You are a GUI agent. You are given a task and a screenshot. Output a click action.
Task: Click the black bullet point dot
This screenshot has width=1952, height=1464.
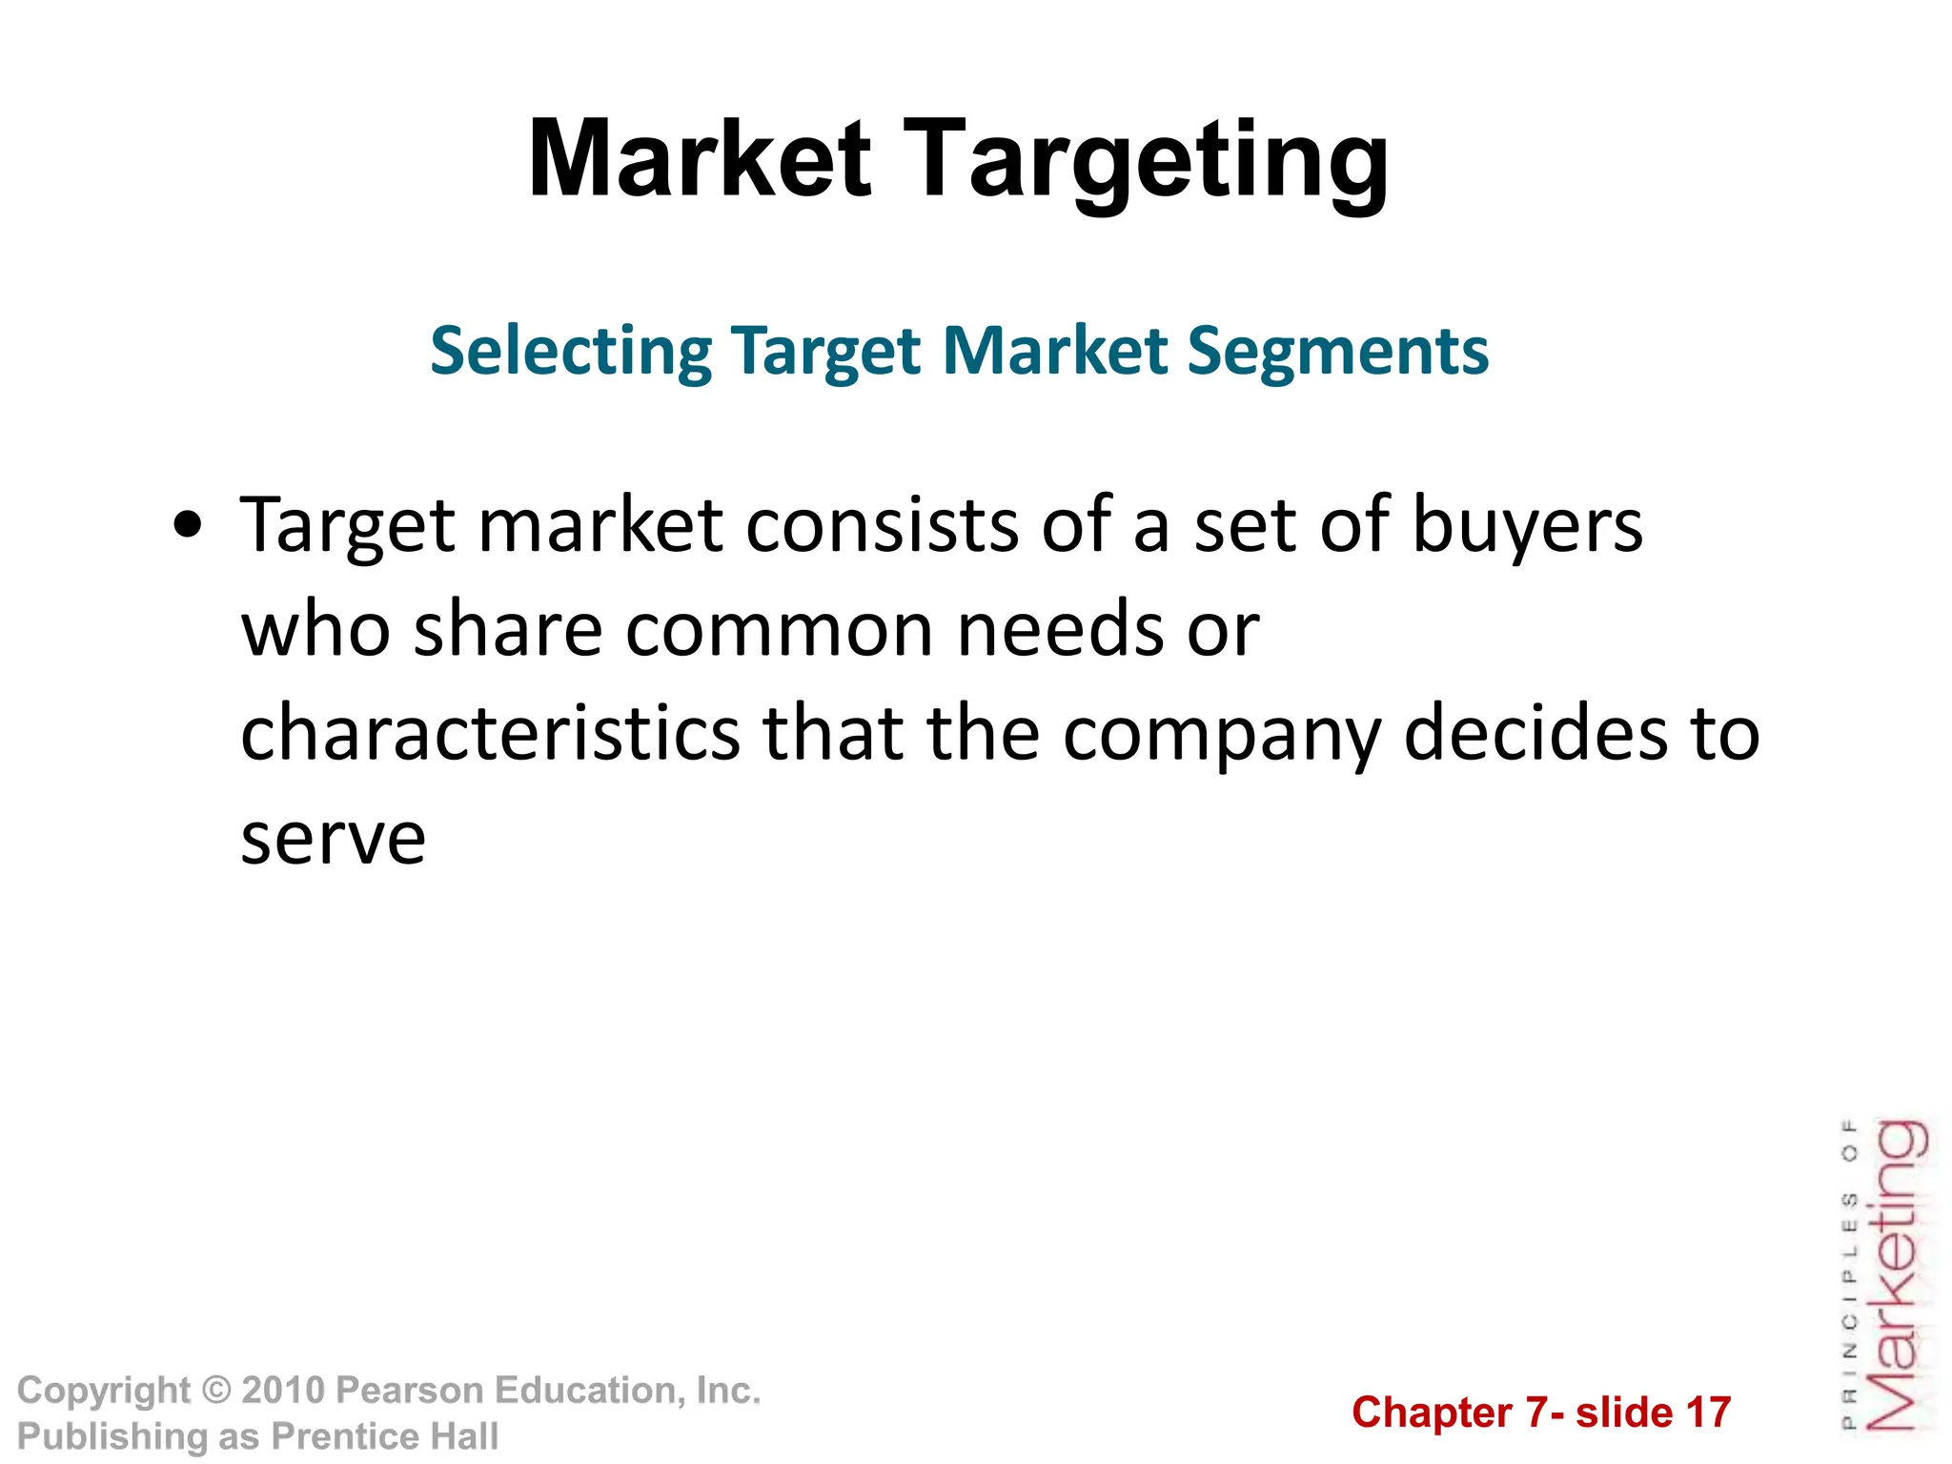click(189, 525)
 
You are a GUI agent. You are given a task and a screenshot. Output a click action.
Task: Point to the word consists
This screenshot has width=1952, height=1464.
click(881, 525)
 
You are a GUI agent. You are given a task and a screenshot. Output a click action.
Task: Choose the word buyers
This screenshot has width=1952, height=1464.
click(1527, 525)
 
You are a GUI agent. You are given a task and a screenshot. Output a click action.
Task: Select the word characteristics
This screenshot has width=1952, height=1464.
click(490, 734)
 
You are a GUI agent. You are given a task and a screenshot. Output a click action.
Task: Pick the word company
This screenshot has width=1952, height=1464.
click(1222, 734)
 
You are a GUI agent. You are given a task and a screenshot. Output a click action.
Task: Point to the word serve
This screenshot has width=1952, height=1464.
click(333, 839)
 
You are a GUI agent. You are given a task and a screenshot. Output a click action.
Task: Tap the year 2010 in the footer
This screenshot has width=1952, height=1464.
click(284, 1391)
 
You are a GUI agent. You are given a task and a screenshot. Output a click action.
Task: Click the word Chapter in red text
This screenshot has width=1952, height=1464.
click(1432, 1413)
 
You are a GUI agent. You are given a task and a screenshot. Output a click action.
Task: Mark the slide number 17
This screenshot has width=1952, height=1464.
click(1708, 1413)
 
